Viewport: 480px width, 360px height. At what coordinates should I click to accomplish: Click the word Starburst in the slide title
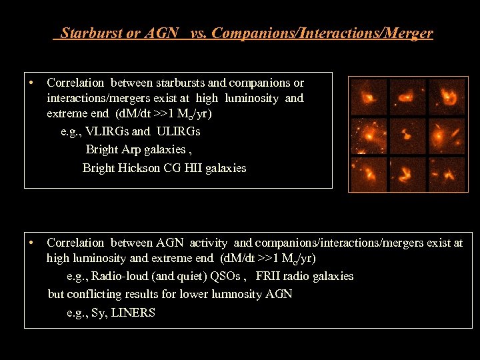point(91,33)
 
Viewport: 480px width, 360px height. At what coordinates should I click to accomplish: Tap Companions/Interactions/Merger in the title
point(322,33)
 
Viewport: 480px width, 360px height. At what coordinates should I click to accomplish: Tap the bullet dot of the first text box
point(32,83)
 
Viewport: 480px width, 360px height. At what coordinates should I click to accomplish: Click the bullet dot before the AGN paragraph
point(32,243)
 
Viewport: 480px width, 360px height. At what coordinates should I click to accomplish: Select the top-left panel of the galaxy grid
point(369,97)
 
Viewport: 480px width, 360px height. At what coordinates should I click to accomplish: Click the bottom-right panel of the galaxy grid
point(447,173)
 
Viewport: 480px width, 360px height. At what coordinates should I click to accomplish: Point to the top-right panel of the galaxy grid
point(447,97)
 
